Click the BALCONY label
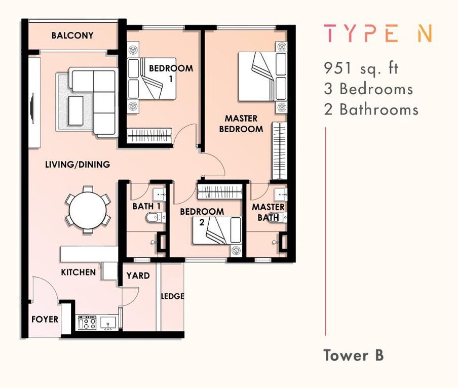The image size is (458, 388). click(72, 35)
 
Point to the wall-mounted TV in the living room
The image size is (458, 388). click(33, 108)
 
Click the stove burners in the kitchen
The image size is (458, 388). click(87, 322)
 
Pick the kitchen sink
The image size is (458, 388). click(108, 323)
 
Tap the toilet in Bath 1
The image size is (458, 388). click(156, 217)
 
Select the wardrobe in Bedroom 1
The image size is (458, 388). click(149, 135)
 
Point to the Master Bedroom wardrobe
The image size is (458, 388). click(280, 150)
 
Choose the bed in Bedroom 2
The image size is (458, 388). click(217, 230)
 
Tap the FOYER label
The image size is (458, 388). click(45, 319)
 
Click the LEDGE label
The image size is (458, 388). click(173, 296)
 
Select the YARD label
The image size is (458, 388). click(138, 276)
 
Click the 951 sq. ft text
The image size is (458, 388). click(361, 68)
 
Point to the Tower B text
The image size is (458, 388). click(354, 355)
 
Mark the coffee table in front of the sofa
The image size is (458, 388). click(75, 110)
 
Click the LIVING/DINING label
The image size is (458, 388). click(78, 164)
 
